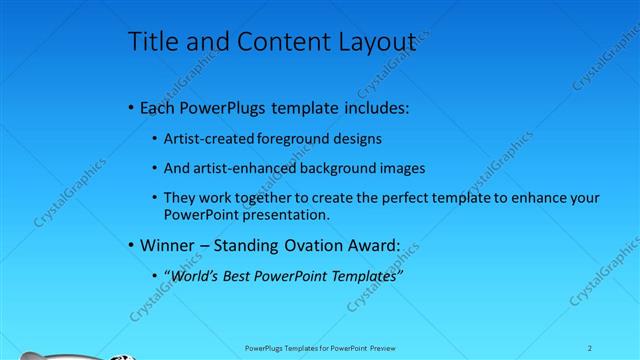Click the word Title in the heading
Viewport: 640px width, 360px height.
pyautogui.click(x=151, y=41)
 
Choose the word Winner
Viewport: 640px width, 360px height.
pyautogui.click(x=169, y=245)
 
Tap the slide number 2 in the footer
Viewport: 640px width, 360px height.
pyautogui.click(x=589, y=348)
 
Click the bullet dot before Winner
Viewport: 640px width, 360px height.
pyautogui.click(x=132, y=246)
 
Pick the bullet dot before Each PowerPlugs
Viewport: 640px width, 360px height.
pyautogui.click(x=132, y=108)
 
